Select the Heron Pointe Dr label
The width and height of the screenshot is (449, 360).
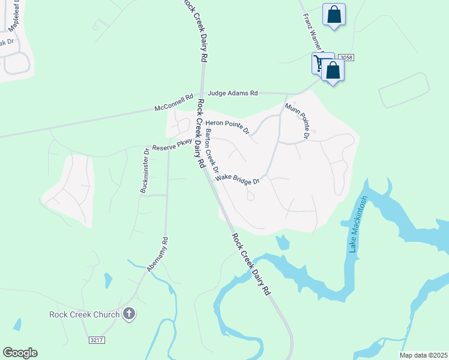pos(227,124)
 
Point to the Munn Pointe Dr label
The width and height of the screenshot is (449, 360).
pos(298,121)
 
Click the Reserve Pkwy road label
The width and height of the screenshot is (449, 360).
pos(172,145)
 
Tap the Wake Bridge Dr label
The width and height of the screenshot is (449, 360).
pos(237,178)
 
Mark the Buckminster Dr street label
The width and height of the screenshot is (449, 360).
pos(145,170)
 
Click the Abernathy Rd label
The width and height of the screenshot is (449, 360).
pos(157,254)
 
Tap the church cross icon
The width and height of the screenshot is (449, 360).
pos(128,313)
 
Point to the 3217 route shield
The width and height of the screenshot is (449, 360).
pos(97,340)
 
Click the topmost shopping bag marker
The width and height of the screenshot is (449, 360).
pos(334,14)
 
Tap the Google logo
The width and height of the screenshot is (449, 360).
pos(20,353)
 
